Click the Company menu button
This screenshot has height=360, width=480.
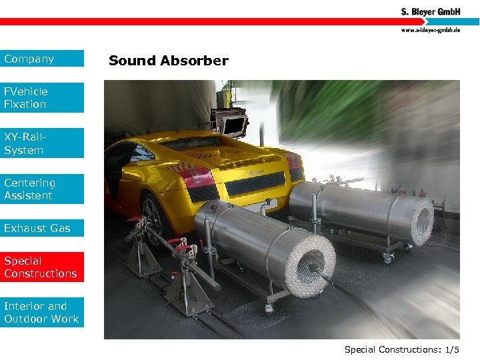42,59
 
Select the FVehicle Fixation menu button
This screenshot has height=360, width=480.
42,97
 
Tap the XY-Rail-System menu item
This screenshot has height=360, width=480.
42,143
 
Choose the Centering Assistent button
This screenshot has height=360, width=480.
42,189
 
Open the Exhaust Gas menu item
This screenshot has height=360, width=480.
42,228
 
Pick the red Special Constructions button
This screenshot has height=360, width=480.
42,267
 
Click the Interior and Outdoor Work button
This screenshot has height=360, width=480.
42,313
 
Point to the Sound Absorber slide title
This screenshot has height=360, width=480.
168,61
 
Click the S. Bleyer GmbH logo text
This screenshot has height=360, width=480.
430,11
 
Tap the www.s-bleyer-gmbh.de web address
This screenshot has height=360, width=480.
430,30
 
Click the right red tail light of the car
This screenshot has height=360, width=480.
293,161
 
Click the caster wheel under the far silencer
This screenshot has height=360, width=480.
387,257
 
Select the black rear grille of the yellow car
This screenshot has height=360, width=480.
254,183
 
